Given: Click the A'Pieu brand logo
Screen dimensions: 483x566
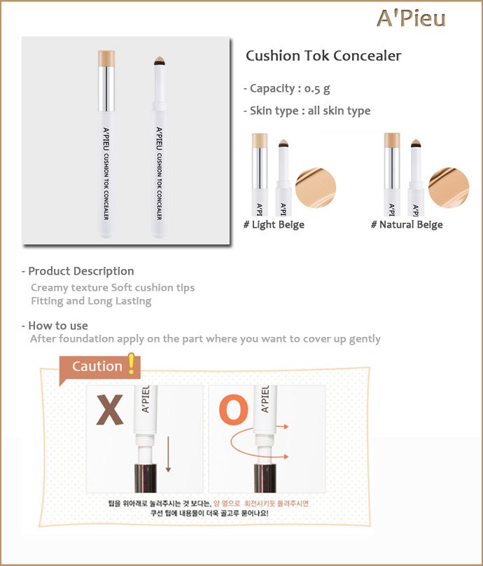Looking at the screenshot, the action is click(x=411, y=18).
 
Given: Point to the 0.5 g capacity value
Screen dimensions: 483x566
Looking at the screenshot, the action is click(x=316, y=89).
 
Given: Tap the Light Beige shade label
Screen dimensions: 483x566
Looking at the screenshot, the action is click(x=274, y=225).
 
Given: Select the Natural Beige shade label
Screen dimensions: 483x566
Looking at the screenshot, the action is click(x=407, y=225).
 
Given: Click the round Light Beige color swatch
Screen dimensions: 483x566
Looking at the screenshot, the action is click(x=316, y=188).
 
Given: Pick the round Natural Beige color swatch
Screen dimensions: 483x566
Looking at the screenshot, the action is click(x=449, y=188).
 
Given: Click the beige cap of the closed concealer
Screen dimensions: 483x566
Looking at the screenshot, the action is click(x=106, y=58).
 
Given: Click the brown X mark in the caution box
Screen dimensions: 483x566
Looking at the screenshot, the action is click(x=110, y=409).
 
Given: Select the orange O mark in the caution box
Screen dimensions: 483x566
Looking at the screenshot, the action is click(x=234, y=409).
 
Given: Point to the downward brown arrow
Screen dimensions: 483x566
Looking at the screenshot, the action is click(x=168, y=454).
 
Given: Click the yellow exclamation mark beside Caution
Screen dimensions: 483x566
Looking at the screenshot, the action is click(x=132, y=364).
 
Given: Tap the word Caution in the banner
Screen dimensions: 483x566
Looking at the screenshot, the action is click(x=97, y=366).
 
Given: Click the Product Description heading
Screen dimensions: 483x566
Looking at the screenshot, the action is click(x=78, y=271).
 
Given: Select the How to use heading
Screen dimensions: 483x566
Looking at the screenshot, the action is click(x=55, y=326).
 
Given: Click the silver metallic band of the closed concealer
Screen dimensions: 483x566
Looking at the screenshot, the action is click(x=106, y=89).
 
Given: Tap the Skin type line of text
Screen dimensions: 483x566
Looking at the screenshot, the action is click(x=307, y=111).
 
